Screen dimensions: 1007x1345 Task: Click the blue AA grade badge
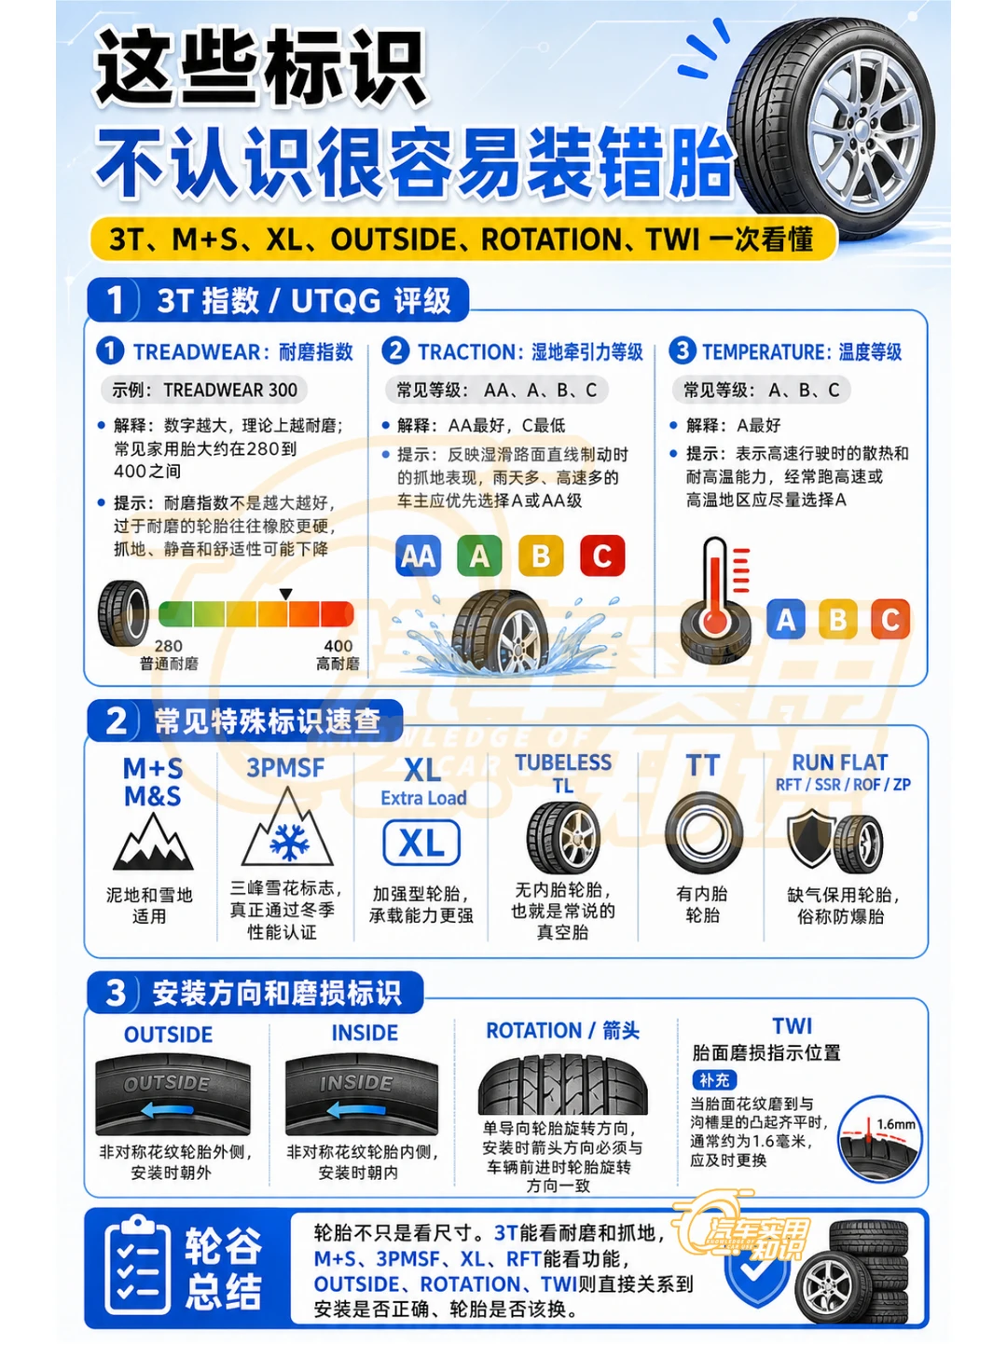click(418, 556)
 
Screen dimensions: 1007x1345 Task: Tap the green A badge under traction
click(479, 556)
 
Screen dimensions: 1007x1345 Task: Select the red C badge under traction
click(602, 556)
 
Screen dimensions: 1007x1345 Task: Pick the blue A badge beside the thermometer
click(785, 620)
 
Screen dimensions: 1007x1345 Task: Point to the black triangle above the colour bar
click(285, 594)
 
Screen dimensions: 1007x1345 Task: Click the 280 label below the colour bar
click(169, 646)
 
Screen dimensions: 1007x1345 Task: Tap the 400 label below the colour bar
click(338, 646)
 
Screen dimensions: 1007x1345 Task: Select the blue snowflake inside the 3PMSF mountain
click(289, 842)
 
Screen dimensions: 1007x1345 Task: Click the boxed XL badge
click(421, 843)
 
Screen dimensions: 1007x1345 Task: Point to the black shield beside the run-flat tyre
click(811, 837)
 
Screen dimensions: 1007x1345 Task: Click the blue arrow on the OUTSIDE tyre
click(167, 1108)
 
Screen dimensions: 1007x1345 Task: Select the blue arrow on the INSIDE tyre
click(356, 1108)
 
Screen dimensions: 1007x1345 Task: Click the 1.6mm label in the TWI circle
click(895, 1124)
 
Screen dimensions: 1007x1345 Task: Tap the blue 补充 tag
click(714, 1079)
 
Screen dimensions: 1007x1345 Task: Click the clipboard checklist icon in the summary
click(137, 1264)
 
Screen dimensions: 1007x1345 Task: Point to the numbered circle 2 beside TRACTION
click(395, 350)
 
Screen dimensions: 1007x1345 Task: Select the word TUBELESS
click(563, 762)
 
